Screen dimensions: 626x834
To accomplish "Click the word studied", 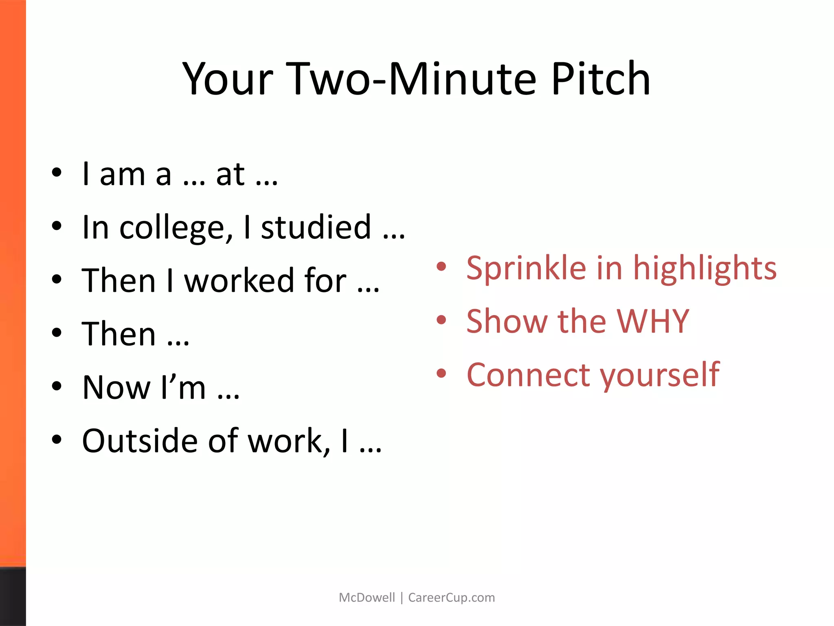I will (316, 227).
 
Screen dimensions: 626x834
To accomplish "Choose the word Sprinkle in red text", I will (526, 269).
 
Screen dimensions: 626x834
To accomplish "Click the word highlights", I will (705, 269).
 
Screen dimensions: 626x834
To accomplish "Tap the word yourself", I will (660, 375).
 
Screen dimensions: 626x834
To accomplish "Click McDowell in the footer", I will (367, 597).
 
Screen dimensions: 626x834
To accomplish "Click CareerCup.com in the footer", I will (451, 597).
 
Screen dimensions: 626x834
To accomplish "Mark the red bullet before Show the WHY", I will (441, 320).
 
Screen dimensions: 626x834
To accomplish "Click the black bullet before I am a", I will (57, 172).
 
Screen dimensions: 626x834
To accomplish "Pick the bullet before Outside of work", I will (57, 439).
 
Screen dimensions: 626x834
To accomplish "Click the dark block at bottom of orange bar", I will (13, 596).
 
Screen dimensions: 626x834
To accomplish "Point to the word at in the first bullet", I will (230, 174).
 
